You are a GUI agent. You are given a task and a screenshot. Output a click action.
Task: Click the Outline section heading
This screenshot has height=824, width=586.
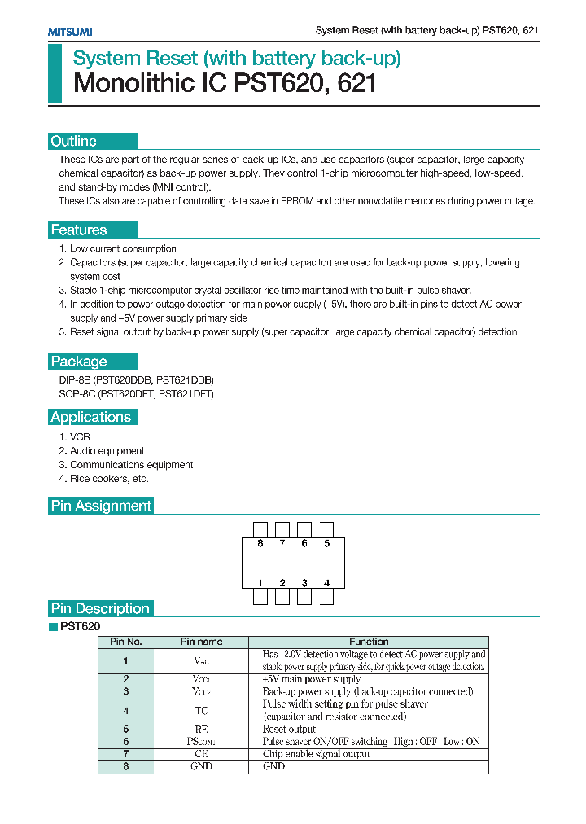(74, 141)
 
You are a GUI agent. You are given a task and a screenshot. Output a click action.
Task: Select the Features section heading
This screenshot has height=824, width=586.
(79, 230)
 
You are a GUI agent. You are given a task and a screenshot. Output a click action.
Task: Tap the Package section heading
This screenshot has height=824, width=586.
(79, 362)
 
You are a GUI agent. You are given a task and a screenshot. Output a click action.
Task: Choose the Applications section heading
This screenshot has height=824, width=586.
(90, 417)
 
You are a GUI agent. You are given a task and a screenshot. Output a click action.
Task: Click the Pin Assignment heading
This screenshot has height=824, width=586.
(101, 506)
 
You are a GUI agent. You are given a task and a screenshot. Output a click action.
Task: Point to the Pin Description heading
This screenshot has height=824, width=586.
(100, 608)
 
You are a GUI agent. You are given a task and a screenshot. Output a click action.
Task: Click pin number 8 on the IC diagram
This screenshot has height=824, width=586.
(260, 543)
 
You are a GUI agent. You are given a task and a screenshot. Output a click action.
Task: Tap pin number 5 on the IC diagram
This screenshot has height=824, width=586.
(326, 543)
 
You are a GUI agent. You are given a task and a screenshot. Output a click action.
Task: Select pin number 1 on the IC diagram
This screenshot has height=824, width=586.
(260, 583)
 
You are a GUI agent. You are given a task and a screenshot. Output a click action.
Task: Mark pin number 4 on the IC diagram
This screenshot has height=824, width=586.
(326, 583)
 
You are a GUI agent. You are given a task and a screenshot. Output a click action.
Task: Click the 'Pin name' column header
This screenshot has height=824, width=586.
(201, 642)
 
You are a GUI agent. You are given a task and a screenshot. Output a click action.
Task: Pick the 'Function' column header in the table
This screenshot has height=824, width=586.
(369, 642)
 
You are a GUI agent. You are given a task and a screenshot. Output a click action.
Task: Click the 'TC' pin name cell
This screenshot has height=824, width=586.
(201, 711)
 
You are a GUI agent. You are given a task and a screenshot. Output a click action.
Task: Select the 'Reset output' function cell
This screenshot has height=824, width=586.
(289, 730)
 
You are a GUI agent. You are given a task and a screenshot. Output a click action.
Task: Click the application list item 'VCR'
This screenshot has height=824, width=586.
(80, 437)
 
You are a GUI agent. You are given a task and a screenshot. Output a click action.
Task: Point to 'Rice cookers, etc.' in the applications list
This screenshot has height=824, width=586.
(108, 479)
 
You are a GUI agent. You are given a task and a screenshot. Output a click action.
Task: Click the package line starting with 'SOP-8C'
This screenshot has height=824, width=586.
(136, 394)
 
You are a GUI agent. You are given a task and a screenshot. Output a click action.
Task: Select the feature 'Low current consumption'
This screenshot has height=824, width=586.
(123, 248)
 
